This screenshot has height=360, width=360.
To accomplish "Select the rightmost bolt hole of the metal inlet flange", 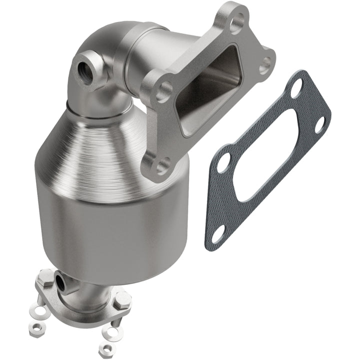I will (x=265, y=63).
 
